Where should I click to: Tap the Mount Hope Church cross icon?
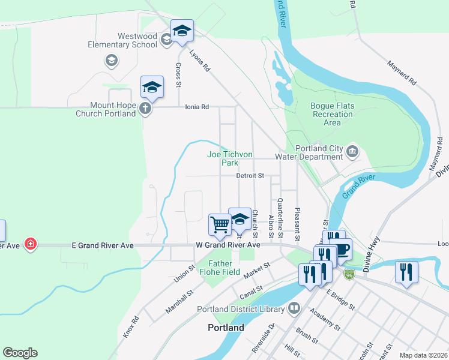pos(144,109)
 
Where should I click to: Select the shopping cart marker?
pos(220,224)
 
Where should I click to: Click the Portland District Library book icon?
pos(294,309)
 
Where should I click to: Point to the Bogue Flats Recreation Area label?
pos(332,114)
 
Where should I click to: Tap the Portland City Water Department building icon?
pos(352,150)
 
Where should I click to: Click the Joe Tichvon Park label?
pos(230,158)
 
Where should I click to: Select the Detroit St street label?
pos(250,176)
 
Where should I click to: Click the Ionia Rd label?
pos(196,107)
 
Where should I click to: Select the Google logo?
pos(20,353)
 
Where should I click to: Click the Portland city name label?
pos(226,328)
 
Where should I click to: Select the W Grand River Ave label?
pos(228,245)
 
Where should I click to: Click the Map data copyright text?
pos(423,355)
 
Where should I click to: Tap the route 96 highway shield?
pos(349,274)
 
